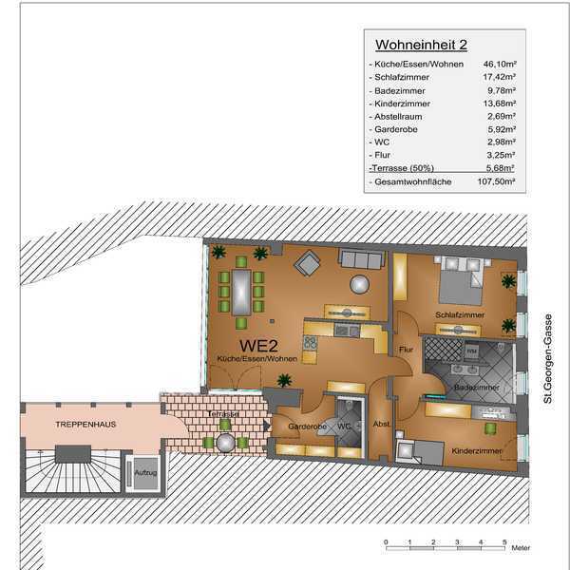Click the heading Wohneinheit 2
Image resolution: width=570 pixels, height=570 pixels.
[421, 45]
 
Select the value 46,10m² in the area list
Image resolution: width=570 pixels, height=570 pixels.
[500, 64]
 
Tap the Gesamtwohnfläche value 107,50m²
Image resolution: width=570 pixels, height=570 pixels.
[496, 181]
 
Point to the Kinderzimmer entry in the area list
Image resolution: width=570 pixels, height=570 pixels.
[402, 104]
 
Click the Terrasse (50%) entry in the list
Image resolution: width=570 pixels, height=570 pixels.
[403, 168]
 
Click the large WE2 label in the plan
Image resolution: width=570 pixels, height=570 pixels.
[258, 346]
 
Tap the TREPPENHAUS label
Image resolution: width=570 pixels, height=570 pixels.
[85, 425]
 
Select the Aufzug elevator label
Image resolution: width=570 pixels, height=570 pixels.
[145, 472]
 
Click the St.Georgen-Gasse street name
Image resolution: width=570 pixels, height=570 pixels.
[548, 358]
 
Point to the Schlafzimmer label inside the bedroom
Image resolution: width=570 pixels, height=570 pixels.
[460, 314]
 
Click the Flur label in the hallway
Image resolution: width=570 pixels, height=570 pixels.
[406, 350]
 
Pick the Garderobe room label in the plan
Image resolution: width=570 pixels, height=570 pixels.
[307, 427]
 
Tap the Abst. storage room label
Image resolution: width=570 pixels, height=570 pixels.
[381, 424]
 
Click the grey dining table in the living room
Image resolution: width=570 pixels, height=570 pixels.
[241, 293]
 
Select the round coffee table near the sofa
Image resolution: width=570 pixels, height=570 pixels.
[359, 284]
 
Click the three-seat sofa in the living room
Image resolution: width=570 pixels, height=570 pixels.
[362, 258]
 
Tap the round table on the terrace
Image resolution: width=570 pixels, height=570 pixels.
[225, 443]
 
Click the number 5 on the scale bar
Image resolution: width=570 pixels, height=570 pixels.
[504, 542]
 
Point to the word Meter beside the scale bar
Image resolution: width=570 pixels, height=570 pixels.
[521, 547]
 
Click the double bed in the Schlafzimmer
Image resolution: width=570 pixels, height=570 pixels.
[461, 281]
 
